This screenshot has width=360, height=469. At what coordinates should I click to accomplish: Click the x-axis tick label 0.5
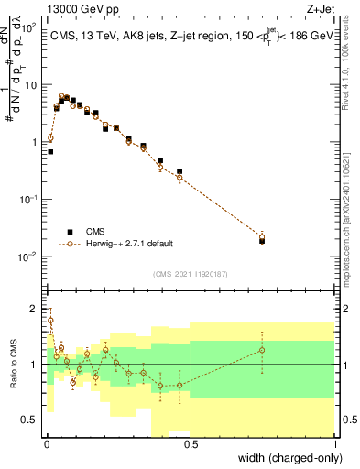click(191, 444)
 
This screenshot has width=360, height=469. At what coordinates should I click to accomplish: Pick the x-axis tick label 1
click(336, 444)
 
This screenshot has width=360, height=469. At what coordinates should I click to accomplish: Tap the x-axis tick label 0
click(47, 444)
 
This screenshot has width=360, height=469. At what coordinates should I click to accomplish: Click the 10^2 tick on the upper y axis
click(31, 28)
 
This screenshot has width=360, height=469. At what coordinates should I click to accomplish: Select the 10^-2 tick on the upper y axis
click(31, 256)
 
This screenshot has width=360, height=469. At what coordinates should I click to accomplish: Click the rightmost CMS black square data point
click(262, 241)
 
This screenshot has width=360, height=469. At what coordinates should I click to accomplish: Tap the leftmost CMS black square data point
click(50, 151)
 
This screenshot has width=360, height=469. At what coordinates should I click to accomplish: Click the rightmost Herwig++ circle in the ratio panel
click(262, 350)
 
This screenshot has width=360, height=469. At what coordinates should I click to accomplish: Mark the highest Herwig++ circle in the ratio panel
click(50, 321)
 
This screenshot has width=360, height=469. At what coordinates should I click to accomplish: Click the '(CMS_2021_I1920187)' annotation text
click(191, 274)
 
